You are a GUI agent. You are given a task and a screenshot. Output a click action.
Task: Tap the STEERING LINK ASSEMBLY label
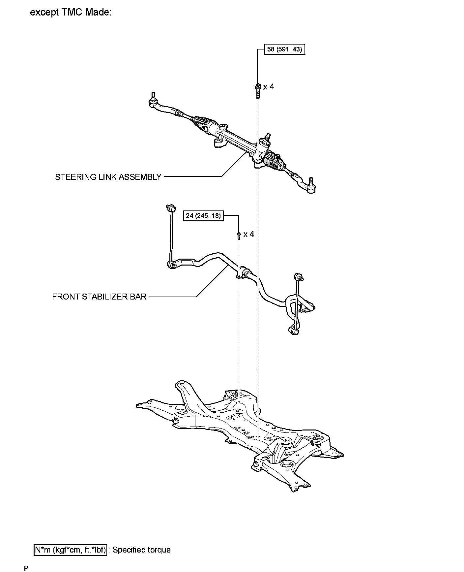[108, 177]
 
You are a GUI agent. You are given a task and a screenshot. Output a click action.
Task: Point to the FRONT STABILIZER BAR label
[99, 297]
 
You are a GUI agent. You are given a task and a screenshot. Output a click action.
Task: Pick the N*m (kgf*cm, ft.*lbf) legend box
[71, 550]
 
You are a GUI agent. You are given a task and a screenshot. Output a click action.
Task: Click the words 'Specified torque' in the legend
[142, 550]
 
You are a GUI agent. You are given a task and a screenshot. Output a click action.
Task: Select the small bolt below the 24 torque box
[238, 236]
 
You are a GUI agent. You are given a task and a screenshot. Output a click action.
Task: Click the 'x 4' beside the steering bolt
[269, 87]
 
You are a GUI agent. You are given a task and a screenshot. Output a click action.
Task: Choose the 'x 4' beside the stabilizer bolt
[249, 234]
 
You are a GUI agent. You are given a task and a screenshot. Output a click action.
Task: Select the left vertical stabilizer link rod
[170, 236]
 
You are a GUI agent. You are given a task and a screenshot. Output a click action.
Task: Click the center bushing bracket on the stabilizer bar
[243, 272]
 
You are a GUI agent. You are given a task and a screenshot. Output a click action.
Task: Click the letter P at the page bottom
[26, 567]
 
